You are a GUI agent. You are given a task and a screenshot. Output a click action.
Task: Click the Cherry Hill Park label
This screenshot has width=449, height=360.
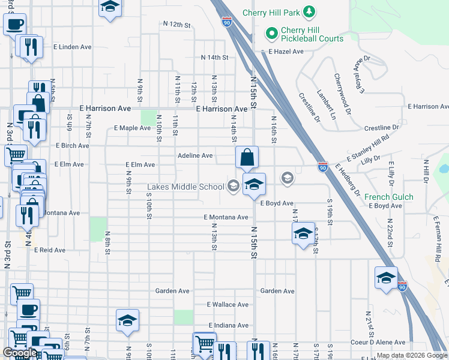271,13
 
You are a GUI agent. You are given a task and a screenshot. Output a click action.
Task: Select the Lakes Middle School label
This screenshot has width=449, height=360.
186,187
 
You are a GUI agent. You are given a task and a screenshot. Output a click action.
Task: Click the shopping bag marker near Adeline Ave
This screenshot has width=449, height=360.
247,158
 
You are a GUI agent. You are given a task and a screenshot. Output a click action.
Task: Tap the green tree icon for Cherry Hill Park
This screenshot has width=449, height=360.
309,11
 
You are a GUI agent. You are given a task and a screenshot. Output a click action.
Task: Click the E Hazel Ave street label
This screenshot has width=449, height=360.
286,52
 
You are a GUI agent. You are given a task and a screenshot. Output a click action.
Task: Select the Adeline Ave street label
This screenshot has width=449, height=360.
195,155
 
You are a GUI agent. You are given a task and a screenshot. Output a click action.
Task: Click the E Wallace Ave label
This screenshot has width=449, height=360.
228,305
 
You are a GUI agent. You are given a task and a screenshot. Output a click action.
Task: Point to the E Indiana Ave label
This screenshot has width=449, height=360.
228,325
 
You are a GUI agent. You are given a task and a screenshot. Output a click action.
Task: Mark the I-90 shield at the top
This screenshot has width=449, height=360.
226,22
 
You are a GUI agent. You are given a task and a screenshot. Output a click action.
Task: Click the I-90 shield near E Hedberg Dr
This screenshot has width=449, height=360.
323,166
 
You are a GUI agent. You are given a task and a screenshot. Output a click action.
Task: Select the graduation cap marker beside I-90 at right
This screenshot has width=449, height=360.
386,277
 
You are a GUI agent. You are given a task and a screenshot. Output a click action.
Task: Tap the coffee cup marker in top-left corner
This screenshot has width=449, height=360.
14,25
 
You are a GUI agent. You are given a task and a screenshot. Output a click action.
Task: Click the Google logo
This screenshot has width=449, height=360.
20,353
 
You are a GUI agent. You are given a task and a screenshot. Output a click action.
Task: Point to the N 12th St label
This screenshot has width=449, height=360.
176,25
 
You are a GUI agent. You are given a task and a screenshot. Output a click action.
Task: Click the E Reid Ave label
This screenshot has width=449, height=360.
49,250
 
